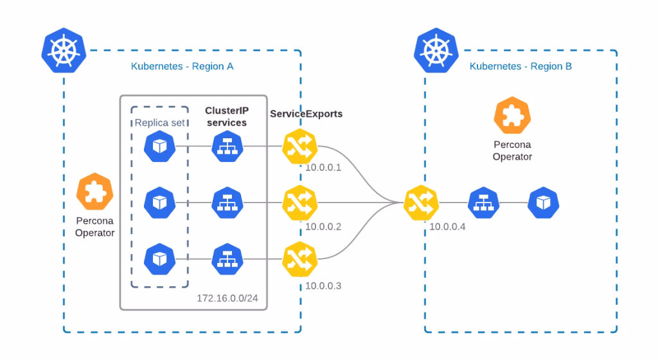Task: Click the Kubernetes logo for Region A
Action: (x=63, y=51)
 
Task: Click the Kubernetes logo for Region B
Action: (x=434, y=51)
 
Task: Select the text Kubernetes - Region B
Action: (x=520, y=66)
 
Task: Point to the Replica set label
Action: (x=159, y=123)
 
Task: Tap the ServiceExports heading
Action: (x=306, y=113)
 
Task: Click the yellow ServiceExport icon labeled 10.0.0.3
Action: (x=299, y=258)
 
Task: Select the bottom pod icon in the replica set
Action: (x=159, y=258)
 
